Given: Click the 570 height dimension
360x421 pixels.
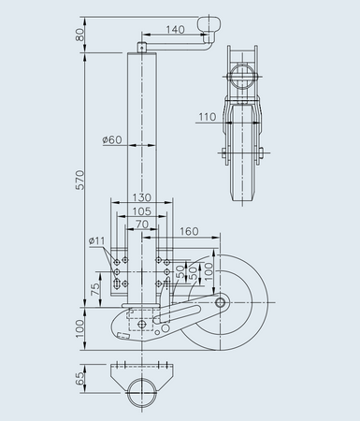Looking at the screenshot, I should [81, 181].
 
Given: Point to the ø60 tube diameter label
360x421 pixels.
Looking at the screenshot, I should [114, 140].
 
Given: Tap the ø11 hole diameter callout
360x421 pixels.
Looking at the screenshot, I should [96, 241].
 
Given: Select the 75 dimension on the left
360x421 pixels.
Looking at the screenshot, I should [96, 289].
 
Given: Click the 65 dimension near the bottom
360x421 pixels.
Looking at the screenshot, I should [81, 378].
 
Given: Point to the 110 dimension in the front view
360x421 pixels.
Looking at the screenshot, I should [208, 118].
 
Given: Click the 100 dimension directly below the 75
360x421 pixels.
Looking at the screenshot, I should [81, 327].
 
